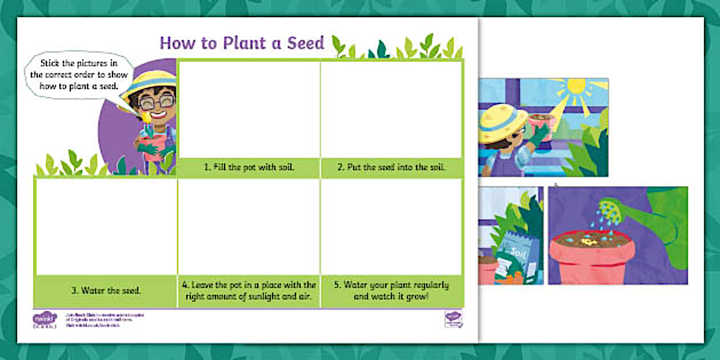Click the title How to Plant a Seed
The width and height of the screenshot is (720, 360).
(x=242, y=43)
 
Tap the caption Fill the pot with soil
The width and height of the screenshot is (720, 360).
(x=249, y=168)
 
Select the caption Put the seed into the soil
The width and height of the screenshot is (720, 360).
(x=391, y=168)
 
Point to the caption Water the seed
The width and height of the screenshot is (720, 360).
(x=106, y=290)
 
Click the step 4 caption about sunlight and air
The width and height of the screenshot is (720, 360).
(x=249, y=290)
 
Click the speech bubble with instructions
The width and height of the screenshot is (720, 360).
(x=78, y=75)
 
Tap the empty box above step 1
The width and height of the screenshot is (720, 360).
(x=249, y=109)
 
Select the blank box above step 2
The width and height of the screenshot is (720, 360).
(x=391, y=109)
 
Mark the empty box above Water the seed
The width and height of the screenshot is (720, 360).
(x=106, y=226)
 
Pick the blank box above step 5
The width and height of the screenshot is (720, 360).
(x=391, y=226)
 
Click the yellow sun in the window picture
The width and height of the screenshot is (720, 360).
(x=576, y=87)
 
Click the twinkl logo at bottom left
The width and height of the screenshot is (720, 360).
(x=45, y=319)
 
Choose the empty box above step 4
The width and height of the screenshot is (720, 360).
(x=249, y=226)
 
